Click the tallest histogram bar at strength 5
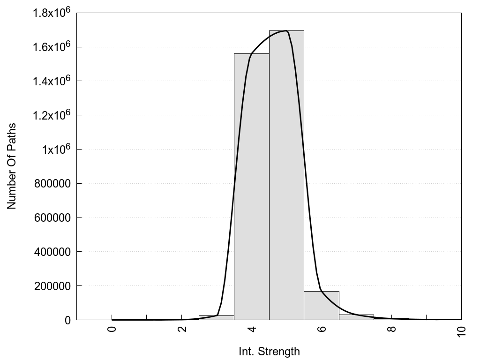pos(286,178)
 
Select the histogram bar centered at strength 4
pos(251,187)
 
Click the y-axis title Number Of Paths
pos(12,166)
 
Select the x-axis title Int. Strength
pos(269,351)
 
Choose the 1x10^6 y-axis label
pos(54,150)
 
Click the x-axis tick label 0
pos(112,329)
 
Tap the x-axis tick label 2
pos(182,329)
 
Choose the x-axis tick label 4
pos(252,329)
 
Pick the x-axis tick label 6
pos(322,329)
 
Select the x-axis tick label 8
pos(391,329)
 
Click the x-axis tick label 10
pos(461,330)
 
